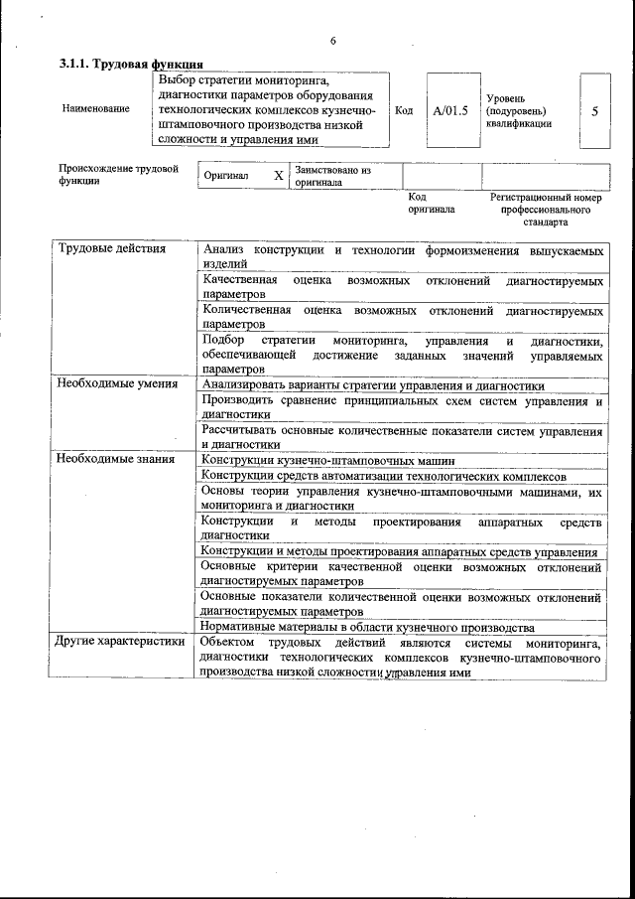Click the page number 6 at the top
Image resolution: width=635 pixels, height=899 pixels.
tap(332, 40)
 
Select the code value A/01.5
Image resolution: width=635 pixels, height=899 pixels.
tap(449, 110)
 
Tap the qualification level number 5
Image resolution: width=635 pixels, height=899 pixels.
tap(594, 111)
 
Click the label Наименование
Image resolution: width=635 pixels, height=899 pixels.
tap(95, 108)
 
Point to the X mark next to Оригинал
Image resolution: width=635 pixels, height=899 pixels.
tap(279, 175)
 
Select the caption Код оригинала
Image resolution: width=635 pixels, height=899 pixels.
tap(431, 204)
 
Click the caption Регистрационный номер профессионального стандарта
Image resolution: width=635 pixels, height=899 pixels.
tap(546, 210)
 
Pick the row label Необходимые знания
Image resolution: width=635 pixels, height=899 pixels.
tap(115, 459)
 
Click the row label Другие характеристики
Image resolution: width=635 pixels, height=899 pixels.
tap(121, 641)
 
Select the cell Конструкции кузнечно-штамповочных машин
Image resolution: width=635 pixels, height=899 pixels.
tap(327, 460)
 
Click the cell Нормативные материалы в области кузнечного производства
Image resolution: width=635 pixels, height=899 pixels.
tap(368, 627)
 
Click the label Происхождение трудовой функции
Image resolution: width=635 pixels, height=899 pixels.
tap(118, 175)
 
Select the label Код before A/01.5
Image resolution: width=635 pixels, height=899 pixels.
tap(404, 110)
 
